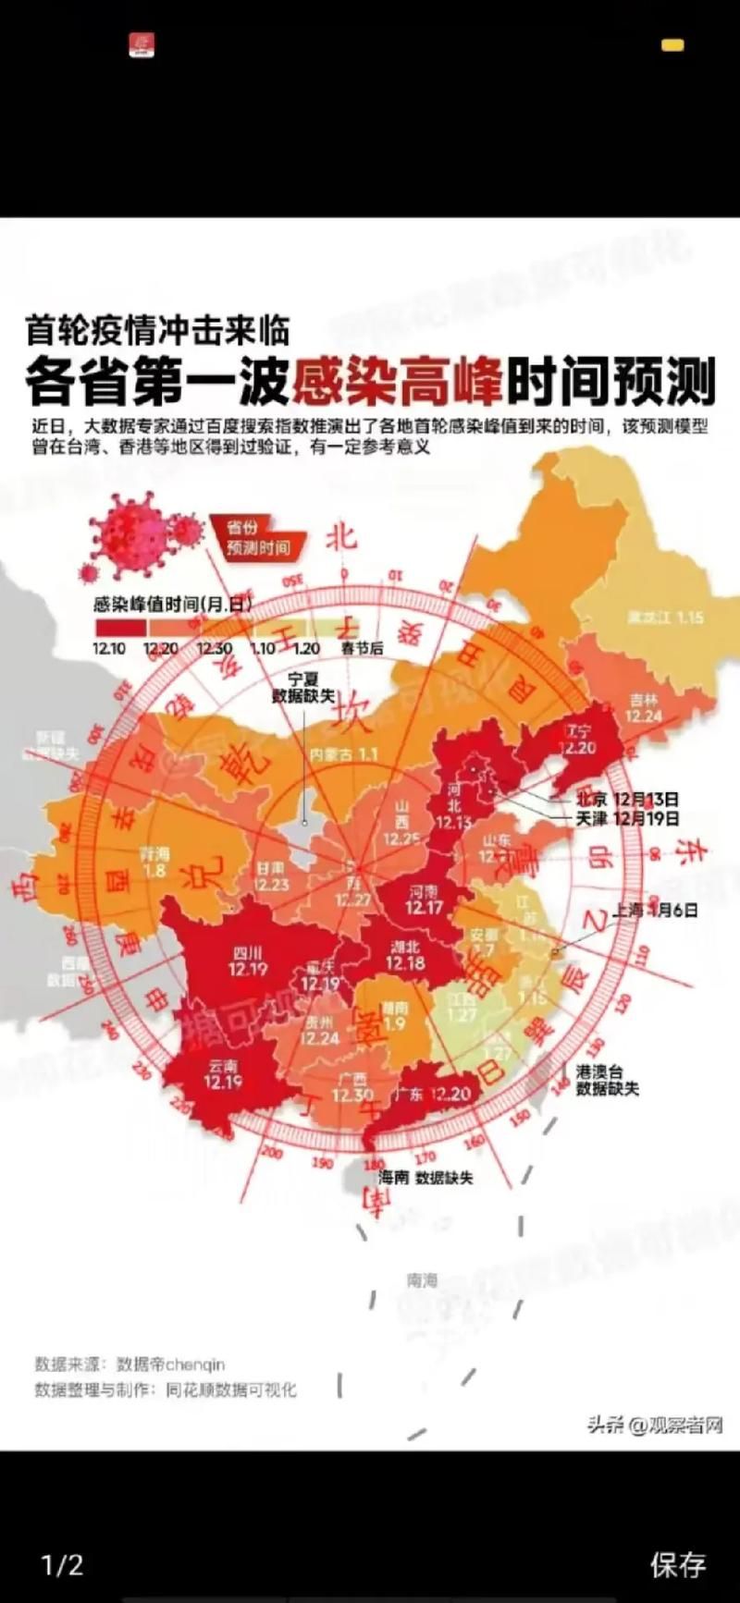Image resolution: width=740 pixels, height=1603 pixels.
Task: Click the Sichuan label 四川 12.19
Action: (x=248, y=961)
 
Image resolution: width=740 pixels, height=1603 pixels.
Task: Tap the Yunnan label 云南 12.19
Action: (x=224, y=1073)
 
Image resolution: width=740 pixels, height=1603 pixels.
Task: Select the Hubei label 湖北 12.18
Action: (x=405, y=955)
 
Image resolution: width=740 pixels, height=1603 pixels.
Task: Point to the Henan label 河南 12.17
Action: (x=424, y=899)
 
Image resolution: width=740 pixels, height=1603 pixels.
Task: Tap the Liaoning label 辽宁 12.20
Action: (x=580, y=740)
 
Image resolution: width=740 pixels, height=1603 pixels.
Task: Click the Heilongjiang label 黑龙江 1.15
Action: (x=665, y=618)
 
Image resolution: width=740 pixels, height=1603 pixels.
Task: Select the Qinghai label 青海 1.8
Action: (x=154, y=862)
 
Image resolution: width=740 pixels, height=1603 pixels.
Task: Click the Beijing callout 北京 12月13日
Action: (x=627, y=799)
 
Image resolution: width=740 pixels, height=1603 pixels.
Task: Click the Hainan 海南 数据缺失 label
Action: (x=425, y=1178)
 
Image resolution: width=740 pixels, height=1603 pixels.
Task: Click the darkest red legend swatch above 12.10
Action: (x=119, y=626)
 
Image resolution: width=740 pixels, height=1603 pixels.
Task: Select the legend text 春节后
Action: (x=362, y=648)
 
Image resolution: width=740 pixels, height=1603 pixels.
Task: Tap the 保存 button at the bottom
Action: (x=677, y=1564)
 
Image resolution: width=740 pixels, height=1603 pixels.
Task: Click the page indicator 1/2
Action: (x=63, y=1564)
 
